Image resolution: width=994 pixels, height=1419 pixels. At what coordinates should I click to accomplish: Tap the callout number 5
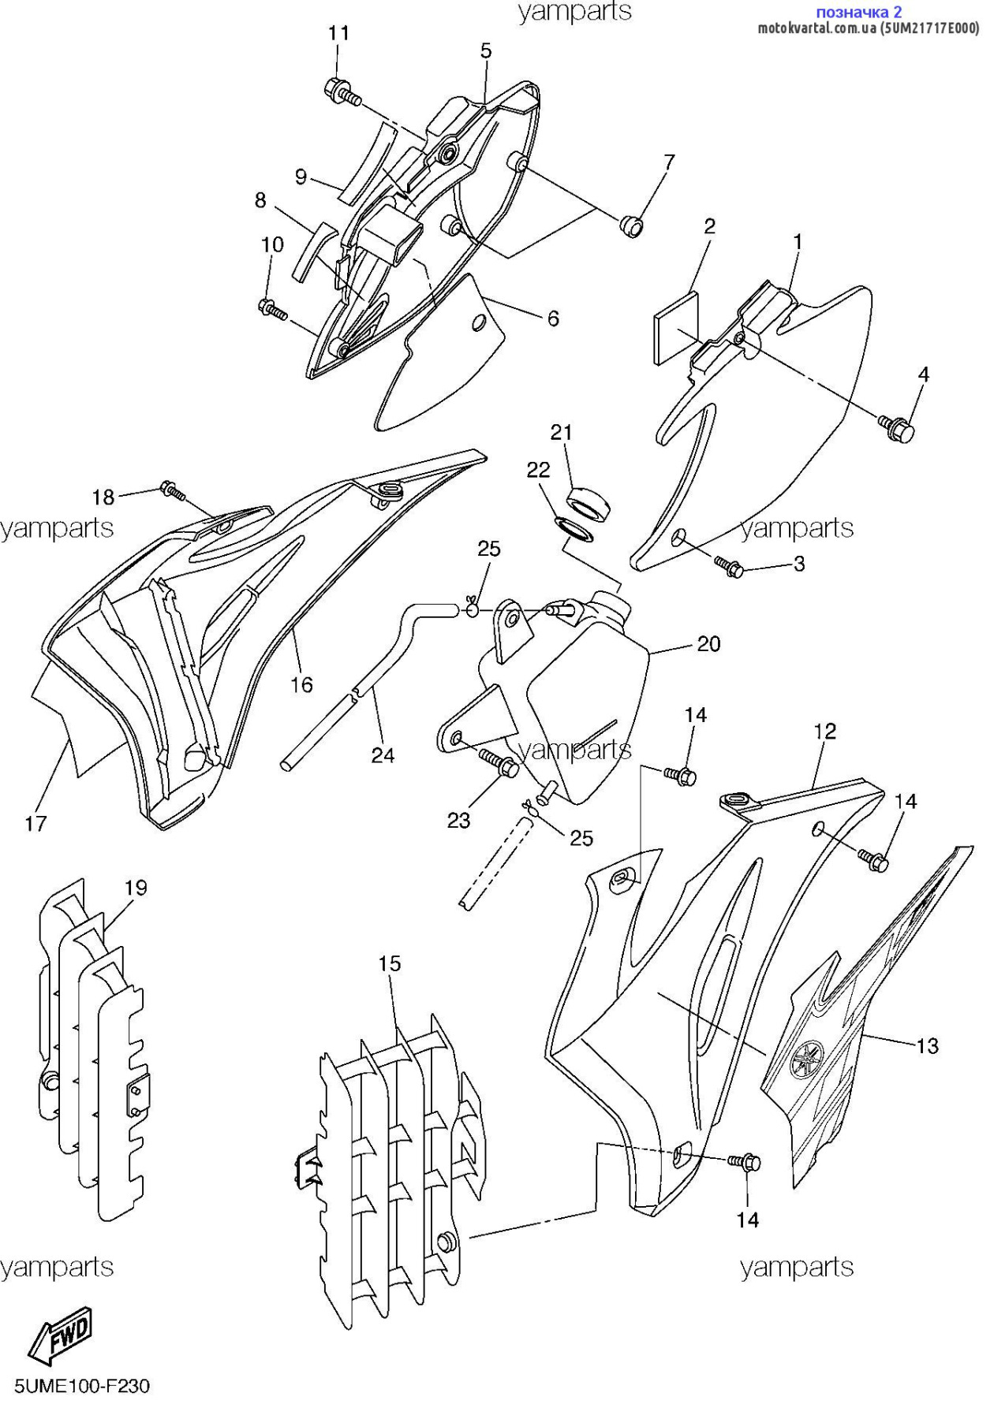[x=486, y=51]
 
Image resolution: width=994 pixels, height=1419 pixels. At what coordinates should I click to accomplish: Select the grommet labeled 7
[x=631, y=226]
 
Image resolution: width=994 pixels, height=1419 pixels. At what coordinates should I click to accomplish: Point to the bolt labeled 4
[x=897, y=428]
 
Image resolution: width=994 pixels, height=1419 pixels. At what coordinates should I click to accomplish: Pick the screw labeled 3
[x=729, y=566]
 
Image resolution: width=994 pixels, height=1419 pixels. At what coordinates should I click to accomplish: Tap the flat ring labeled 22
[x=575, y=531]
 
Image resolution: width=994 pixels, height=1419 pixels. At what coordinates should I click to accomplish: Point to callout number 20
[x=708, y=644]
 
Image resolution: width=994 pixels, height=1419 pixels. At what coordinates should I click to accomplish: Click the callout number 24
[x=383, y=755]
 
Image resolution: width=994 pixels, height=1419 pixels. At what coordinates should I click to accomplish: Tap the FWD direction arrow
[x=61, y=1335]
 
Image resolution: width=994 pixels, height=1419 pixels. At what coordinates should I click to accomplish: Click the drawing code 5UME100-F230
[x=82, y=1386]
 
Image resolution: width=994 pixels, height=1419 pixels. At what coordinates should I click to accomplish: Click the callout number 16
[x=301, y=684]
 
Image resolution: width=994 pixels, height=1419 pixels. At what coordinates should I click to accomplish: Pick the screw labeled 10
[x=273, y=310]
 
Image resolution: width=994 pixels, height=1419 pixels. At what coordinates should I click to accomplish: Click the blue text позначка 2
[x=858, y=12]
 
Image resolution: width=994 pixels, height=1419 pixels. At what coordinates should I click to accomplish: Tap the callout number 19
[x=136, y=888]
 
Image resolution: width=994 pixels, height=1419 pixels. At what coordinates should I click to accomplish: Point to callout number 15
[x=390, y=963]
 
